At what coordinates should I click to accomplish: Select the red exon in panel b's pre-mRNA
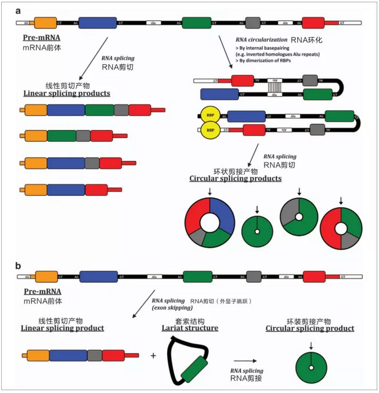(314, 276)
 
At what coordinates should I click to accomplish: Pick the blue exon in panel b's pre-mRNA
(98, 276)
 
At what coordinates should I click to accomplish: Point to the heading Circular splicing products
(235, 178)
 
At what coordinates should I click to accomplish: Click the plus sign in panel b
(153, 356)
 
